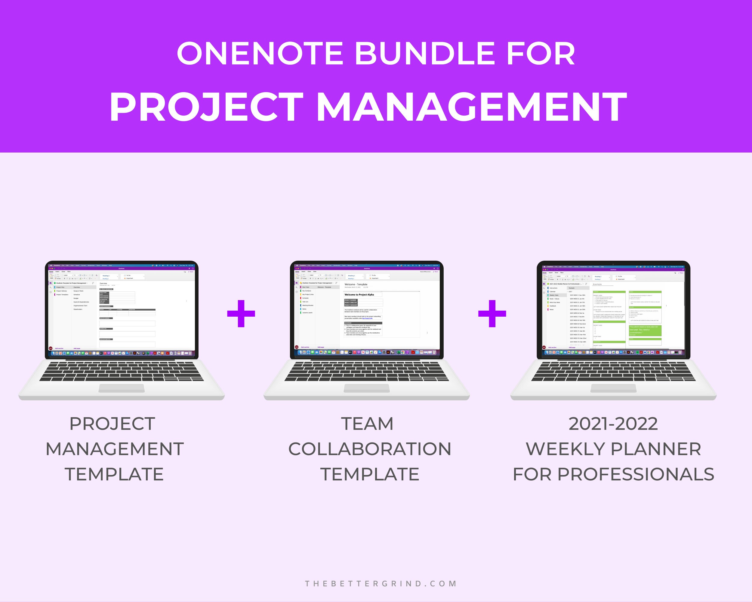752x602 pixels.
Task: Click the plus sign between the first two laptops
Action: (x=241, y=313)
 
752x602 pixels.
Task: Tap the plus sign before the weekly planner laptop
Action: (x=492, y=313)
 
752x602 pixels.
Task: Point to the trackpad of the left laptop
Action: (x=122, y=388)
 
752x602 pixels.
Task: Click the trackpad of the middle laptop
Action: (x=367, y=388)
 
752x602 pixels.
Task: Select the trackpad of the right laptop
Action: (x=613, y=388)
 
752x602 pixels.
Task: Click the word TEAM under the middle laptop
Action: (x=367, y=424)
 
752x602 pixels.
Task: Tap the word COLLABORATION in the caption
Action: (x=370, y=449)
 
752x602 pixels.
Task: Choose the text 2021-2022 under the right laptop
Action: (x=613, y=424)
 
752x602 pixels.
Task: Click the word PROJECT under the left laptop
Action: (x=112, y=424)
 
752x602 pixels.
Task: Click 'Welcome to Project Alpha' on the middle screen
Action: (x=359, y=295)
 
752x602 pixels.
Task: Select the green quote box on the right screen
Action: (x=645, y=330)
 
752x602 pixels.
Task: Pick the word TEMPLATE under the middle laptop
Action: (x=370, y=474)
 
